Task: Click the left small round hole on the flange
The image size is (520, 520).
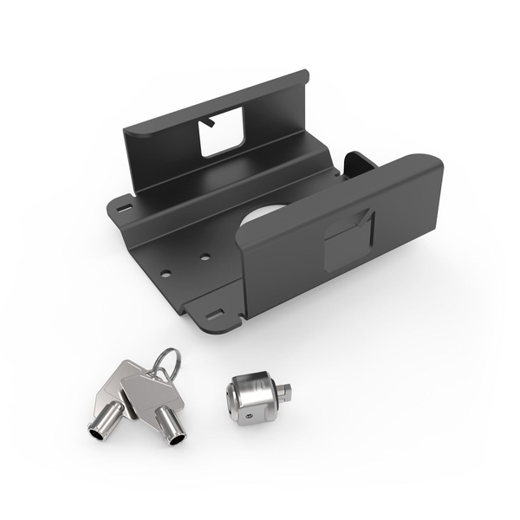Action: [165, 273]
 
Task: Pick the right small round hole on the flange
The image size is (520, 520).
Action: [205, 257]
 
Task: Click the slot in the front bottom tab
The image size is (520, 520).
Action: [214, 314]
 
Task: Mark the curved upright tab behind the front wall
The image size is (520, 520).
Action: [358, 163]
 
